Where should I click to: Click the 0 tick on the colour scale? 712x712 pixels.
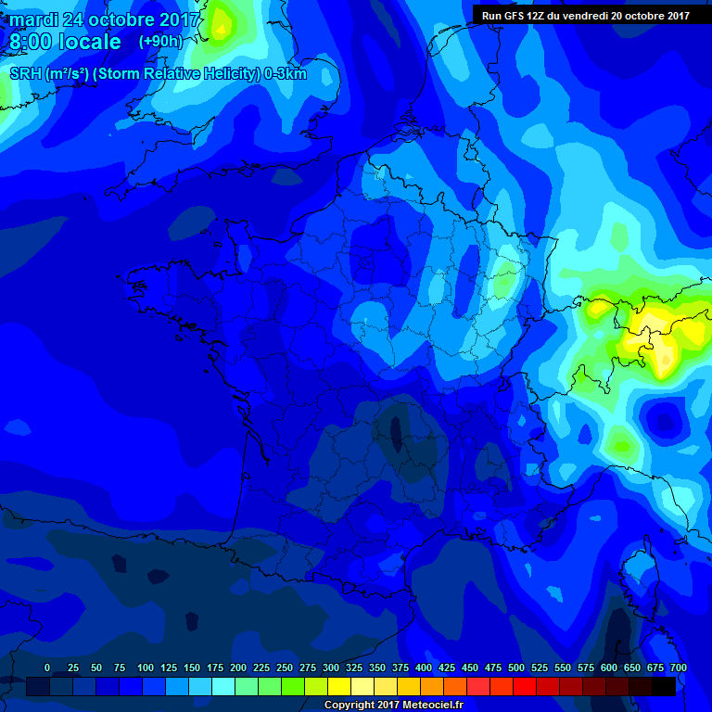point(47,667)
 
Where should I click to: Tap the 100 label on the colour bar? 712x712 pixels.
point(146,667)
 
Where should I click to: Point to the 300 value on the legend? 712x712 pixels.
point(331,667)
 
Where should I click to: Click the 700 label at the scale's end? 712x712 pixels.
point(678,667)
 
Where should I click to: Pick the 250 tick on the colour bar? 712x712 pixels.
point(285,667)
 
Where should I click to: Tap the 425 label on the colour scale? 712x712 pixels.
point(447,667)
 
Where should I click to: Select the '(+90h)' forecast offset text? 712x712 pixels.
point(160,42)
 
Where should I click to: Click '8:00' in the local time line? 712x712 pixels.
point(31,42)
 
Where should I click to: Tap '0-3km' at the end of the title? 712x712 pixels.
point(286,74)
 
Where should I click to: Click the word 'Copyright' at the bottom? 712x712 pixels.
point(351,706)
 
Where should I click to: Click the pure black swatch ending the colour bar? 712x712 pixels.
point(664,686)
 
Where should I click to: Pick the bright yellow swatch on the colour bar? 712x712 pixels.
point(339,686)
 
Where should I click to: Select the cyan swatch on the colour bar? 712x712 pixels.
point(223,686)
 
